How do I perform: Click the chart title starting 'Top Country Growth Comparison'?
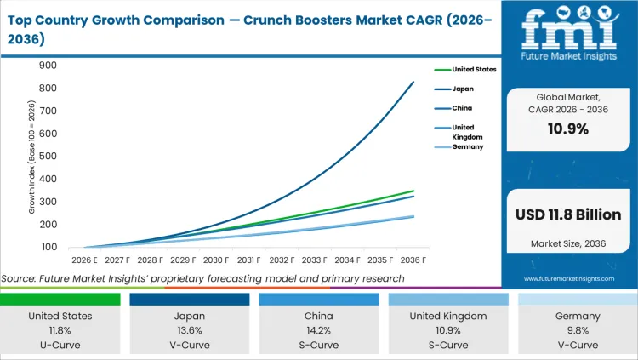point(247,28)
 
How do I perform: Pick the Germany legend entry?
point(467,146)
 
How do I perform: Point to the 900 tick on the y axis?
point(48,66)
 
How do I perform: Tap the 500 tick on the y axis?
point(48,157)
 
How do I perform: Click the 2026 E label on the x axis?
point(84,260)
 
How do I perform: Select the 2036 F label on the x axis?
point(413,260)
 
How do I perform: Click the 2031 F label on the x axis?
point(249,260)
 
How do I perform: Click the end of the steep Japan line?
point(414,82)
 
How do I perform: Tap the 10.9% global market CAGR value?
point(567,128)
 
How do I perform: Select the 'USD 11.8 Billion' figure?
point(567,214)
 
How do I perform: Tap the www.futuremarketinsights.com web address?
point(567,278)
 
